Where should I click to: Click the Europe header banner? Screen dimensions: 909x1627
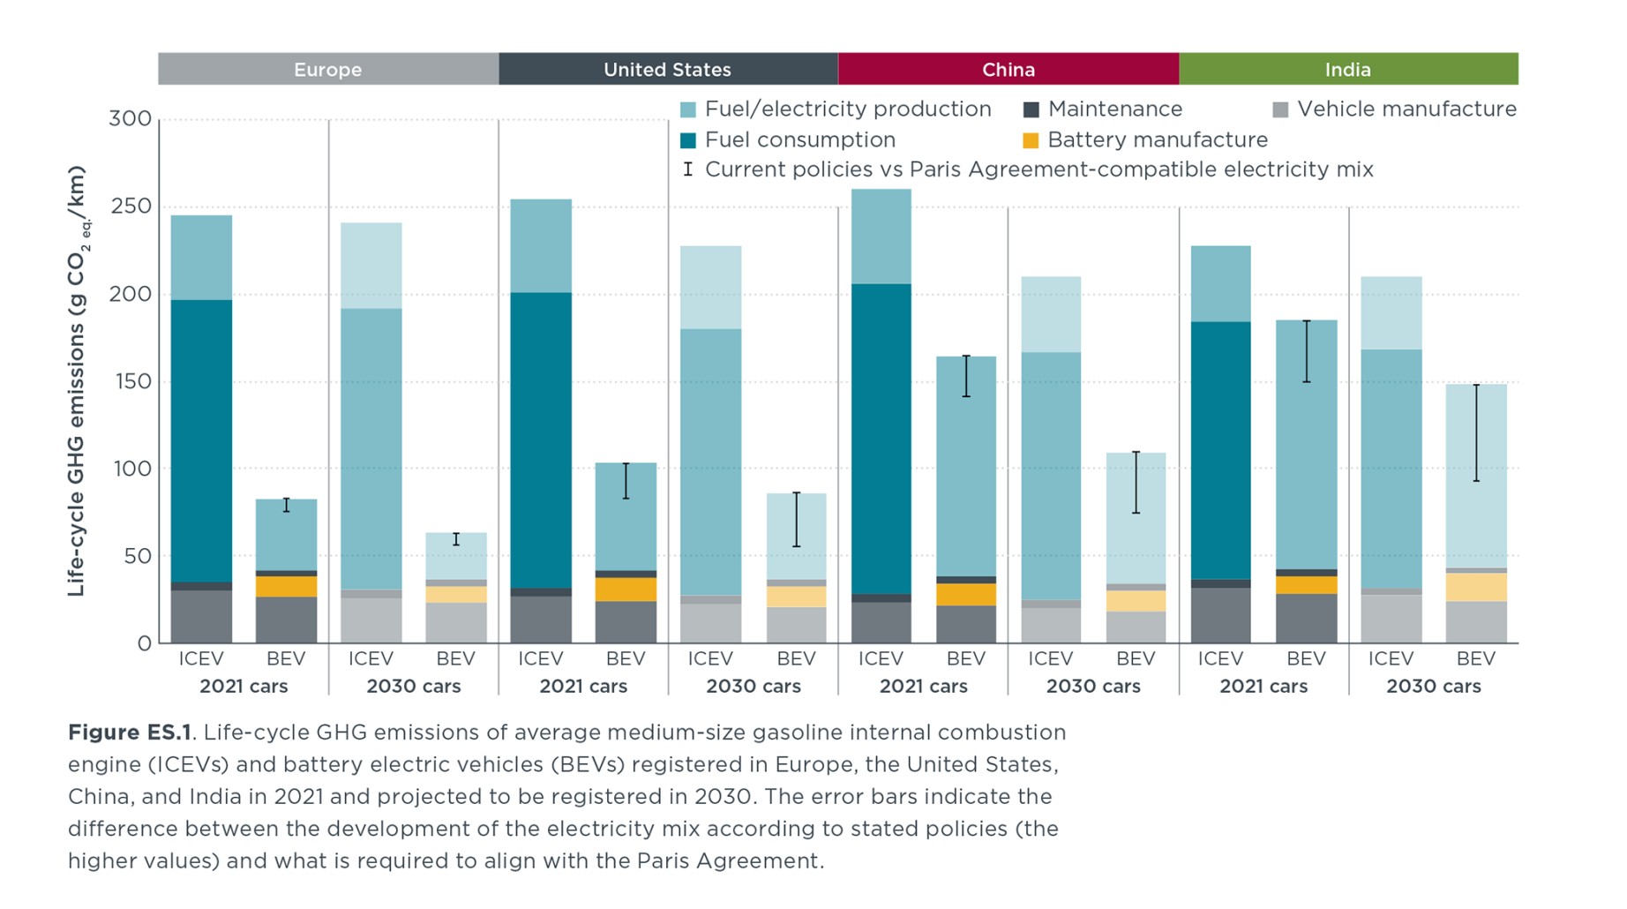[x=328, y=70]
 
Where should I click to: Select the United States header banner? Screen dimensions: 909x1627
[x=668, y=70]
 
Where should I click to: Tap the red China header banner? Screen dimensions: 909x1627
[x=1008, y=70]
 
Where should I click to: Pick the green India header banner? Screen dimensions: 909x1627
[x=1348, y=70]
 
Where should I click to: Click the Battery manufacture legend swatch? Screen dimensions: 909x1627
[x=1031, y=140]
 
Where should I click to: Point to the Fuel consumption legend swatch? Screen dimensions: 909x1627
[x=688, y=140]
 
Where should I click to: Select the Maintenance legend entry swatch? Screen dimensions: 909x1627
[x=1031, y=109]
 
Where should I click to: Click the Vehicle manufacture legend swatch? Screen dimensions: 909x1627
[x=1280, y=109]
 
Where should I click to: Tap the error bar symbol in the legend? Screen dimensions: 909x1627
[x=688, y=169]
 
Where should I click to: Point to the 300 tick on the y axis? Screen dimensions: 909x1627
[x=131, y=119]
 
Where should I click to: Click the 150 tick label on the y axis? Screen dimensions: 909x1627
[x=131, y=381]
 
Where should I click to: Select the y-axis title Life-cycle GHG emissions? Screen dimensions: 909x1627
[x=78, y=381]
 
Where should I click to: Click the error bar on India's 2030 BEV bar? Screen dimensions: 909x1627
[x=1476, y=432]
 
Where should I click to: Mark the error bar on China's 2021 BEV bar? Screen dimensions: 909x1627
[x=966, y=376]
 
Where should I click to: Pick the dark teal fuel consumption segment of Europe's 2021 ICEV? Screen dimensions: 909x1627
[x=201, y=441]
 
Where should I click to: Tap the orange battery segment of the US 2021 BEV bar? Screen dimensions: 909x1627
[x=626, y=590]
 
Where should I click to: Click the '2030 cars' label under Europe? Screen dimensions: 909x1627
[x=414, y=686]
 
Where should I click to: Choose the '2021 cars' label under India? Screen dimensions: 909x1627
[x=1263, y=686]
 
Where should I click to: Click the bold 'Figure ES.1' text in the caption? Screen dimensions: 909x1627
[x=130, y=732]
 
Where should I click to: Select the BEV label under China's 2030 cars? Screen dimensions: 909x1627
[x=1136, y=658]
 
